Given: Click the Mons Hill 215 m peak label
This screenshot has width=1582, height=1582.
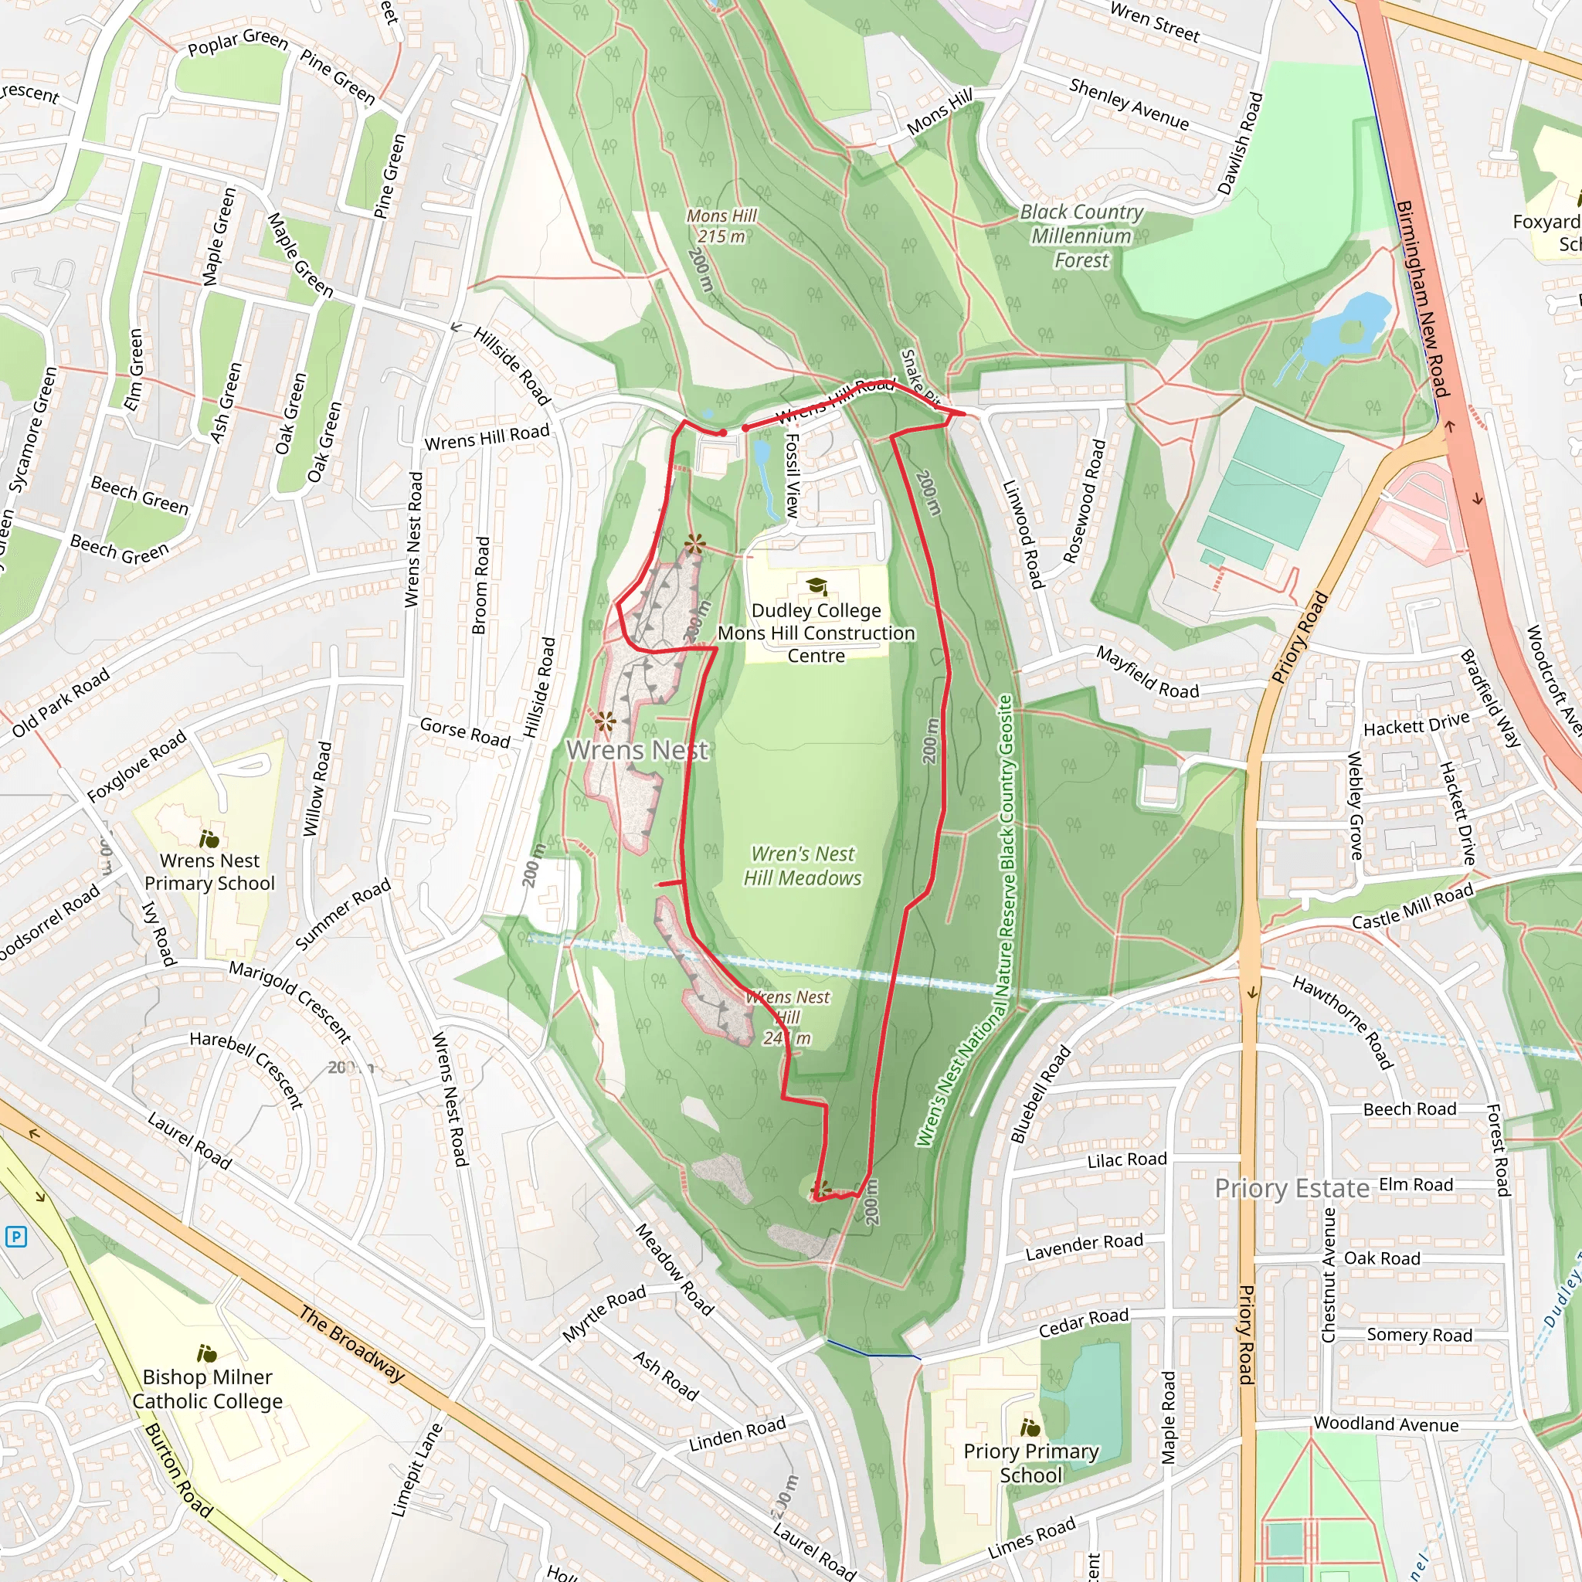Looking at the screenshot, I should (721, 226).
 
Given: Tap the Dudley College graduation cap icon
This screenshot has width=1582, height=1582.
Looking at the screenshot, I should (816, 586).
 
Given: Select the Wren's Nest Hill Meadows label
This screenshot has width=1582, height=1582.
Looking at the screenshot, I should (803, 865).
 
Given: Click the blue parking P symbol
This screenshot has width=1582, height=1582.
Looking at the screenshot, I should (15, 1237).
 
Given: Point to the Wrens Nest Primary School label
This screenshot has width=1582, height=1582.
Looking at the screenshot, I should (209, 872).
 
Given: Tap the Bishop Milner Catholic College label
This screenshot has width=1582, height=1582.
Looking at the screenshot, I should (207, 1389).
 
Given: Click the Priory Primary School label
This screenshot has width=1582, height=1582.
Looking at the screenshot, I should (1031, 1462).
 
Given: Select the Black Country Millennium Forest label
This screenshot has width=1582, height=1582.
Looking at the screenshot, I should (1081, 236).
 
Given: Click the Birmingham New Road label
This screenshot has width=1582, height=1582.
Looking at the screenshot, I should (1422, 299).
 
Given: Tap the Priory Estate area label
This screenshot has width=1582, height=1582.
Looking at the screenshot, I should (1292, 1188).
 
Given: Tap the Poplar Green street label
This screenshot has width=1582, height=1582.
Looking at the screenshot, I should (237, 42).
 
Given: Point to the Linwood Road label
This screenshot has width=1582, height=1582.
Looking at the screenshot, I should (1023, 534).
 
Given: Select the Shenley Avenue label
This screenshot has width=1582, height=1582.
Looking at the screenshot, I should (1129, 104).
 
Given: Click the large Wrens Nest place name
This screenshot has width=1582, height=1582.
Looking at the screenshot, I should (637, 749).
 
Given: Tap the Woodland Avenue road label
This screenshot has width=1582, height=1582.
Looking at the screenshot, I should (1386, 1424).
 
